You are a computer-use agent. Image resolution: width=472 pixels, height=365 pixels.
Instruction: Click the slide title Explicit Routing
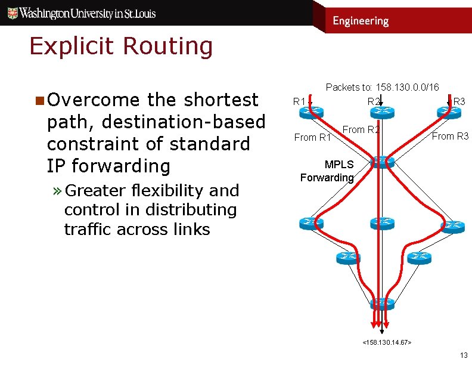click(121, 47)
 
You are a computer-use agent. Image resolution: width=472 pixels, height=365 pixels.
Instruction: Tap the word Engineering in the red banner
click(360, 21)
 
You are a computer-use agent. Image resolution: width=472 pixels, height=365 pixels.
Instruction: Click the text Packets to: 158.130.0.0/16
click(382, 88)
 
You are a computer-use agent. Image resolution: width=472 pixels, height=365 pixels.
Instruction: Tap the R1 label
click(299, 101)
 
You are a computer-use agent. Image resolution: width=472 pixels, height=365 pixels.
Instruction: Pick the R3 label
click(459, 101)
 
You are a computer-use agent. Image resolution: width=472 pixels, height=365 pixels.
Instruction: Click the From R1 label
click(312, 138)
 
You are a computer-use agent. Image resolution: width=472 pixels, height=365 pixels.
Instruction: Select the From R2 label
click(361, 129)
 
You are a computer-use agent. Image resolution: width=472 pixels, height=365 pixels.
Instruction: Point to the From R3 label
click(450, 137)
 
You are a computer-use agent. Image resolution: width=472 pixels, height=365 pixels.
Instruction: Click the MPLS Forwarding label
click(327, 171)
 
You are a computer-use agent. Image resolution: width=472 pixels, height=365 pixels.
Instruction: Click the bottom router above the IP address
click(381, 302)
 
